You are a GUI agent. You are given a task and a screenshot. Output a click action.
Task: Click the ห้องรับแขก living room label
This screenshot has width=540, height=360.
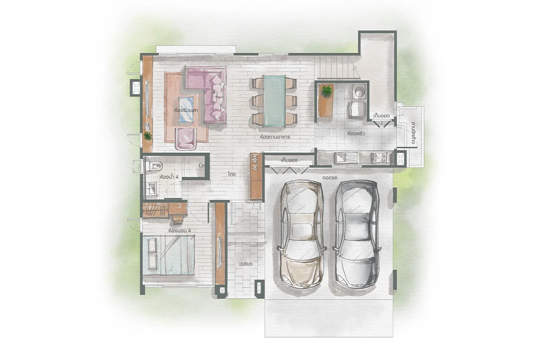(186, 110)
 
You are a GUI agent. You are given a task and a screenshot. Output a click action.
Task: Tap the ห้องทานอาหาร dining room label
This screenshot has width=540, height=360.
(275, 137)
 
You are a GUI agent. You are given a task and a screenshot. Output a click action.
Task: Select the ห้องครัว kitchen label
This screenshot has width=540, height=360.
(356, 133)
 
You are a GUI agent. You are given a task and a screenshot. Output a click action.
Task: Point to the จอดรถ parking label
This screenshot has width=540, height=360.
(330, 178)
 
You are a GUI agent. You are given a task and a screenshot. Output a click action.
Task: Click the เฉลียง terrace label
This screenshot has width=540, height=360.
(246, 264)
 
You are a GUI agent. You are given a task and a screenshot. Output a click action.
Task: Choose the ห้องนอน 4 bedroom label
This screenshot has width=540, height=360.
(180, 231)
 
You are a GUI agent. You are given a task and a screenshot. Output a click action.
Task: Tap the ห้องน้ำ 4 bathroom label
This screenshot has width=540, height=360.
(169, 177)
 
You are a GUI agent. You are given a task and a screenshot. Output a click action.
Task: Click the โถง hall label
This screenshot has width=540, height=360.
(231, 174)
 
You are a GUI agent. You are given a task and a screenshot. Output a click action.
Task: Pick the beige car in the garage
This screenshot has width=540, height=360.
(301, 234)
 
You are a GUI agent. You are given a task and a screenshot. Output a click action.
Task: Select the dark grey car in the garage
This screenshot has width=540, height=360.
(357, 234)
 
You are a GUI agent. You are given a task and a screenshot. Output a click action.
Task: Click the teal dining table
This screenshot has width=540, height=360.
(274, 101)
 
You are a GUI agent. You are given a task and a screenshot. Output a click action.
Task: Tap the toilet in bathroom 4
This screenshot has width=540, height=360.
(153, 166)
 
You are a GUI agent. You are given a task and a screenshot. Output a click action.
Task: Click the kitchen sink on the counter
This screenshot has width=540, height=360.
(346, 158)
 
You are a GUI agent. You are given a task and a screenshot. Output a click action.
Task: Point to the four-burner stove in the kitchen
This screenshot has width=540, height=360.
(379, 157)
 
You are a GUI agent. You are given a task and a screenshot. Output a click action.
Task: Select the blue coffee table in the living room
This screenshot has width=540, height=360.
(186, 109)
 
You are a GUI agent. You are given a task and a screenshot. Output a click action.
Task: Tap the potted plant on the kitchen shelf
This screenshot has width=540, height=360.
(327, 91)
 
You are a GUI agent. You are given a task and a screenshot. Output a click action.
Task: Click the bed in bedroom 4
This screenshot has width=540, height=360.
(168, 255)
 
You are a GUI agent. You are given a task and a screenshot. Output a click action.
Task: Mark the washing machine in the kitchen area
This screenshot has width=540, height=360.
(359, 92)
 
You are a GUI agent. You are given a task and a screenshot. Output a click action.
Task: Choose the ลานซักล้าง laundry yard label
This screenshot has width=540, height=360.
(414, 133)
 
